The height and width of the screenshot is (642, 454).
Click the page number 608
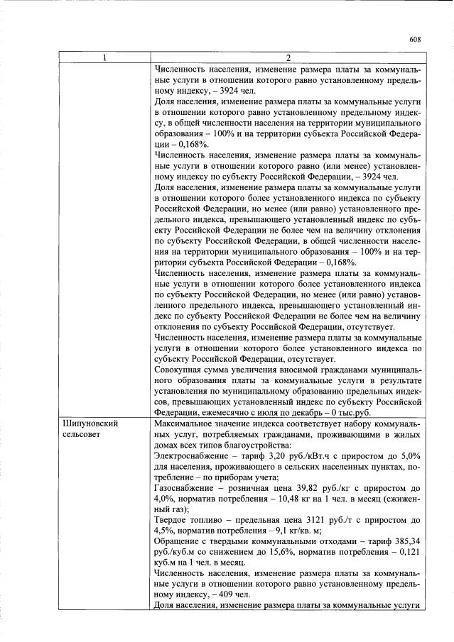click(416, 40)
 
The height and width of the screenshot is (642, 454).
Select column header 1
click(104, 57)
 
